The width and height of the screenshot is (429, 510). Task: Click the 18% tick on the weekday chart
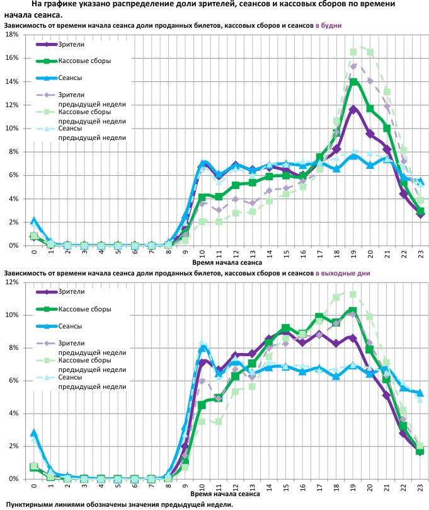[x=12, y=35]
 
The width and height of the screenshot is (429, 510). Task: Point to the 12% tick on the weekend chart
[x=12, y=282]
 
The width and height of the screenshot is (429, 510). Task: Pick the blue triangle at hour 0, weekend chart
[x=33, y=433]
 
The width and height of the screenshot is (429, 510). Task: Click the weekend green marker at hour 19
[x=353, y=311]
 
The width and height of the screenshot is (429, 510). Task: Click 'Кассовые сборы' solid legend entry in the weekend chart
[x=84, y=309]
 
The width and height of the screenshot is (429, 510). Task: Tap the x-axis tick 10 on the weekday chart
[x=203, y=254]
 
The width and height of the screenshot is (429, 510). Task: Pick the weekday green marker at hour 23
[x=420, y=211]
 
